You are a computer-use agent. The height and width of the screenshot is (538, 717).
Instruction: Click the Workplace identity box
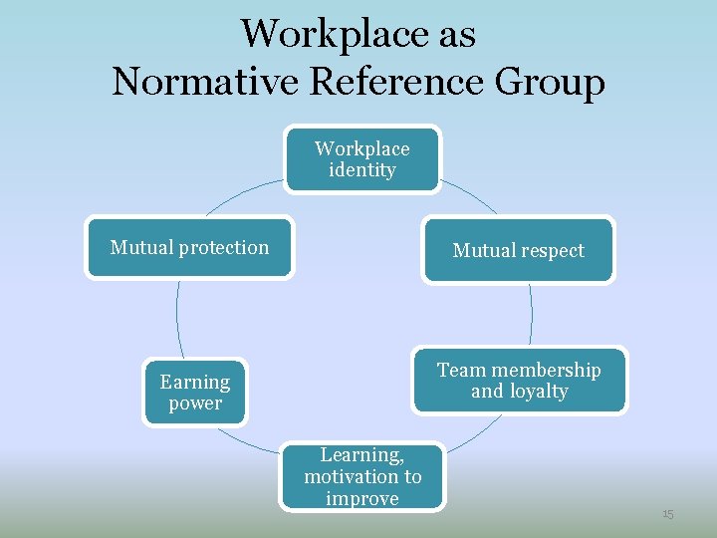[x=361, y=159]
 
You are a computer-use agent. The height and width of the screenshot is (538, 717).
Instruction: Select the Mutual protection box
[x=189, y=248]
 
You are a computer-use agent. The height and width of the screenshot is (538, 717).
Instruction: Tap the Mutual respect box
[x=518, y=251]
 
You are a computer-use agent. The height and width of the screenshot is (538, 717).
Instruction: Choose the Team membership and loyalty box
[x=519, y=380]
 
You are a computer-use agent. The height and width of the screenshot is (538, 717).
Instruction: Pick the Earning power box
[x=194, y=393]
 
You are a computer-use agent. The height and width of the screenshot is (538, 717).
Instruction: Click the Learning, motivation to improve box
[x=362, y=477]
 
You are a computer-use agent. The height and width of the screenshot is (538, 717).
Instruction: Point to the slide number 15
[x=668, y=514]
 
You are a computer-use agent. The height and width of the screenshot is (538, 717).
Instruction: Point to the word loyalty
[x=538, y=392]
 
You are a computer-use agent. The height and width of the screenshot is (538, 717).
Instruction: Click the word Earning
[x=194, y=383]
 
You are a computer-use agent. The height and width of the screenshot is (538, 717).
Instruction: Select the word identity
[x=361, y=170]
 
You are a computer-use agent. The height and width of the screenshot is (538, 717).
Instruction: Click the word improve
[x=362, y=499]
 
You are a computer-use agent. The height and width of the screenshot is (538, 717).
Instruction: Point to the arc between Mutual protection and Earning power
[x=177, y=317]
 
